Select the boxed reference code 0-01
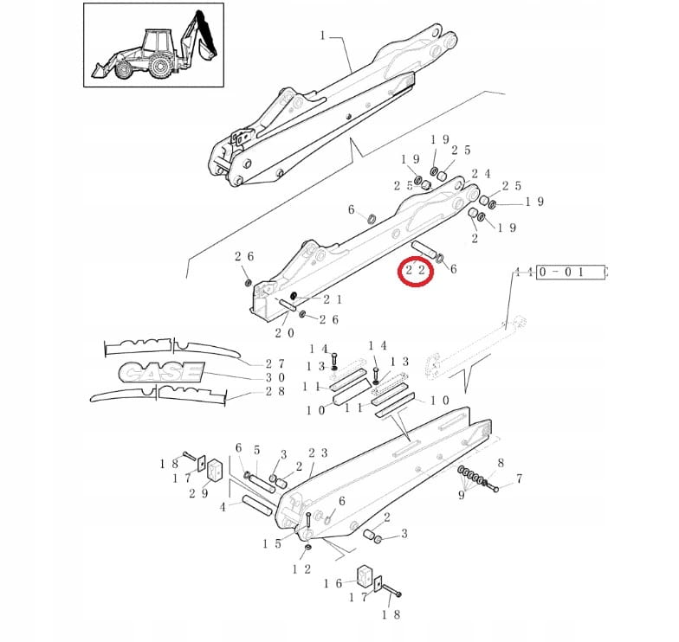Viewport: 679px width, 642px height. tap(571, 272)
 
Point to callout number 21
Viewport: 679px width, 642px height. tap(332, 299)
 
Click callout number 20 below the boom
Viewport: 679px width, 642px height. tap(284, 332)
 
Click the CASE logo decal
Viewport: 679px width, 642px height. tap(161, 373)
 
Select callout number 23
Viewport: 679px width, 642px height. tap(318, 453)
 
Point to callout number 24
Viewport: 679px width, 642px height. tap(482, 174)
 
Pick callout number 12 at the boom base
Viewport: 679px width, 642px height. tap(301, 568)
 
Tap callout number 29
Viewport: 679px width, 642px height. tap(198, 493)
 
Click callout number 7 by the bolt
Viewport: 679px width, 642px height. tap(519, 478)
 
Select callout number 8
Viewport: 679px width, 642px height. tap(501, 464)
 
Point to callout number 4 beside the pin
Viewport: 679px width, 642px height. tap(223, 506)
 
